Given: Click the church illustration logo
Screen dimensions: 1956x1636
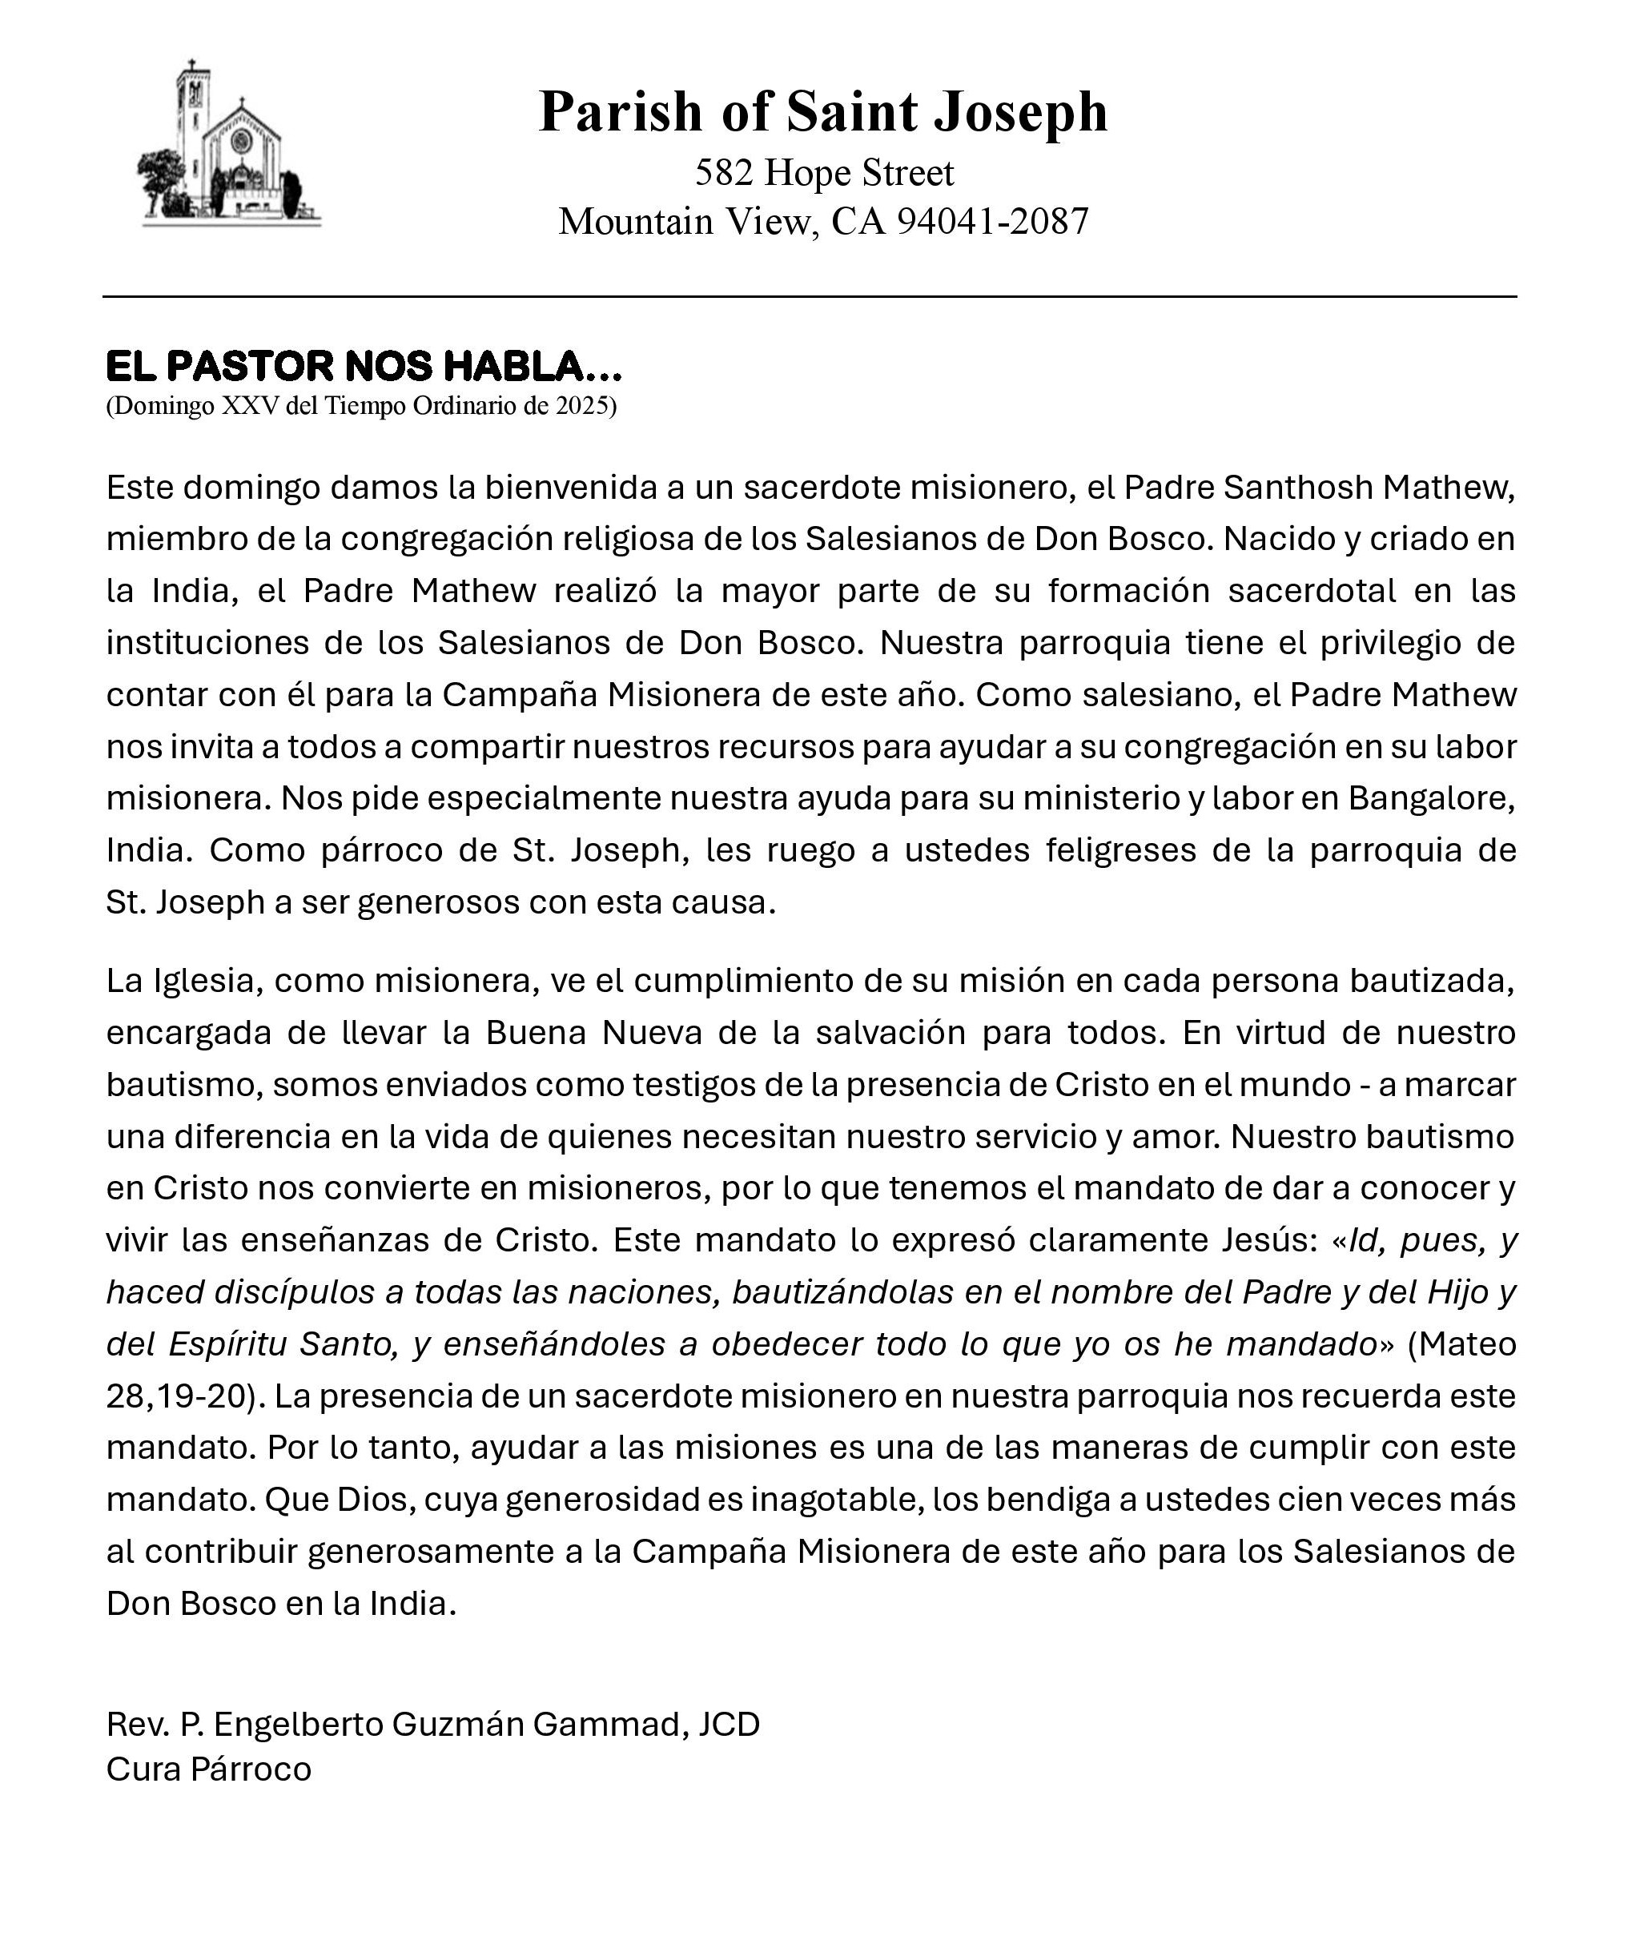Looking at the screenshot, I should point(229,143).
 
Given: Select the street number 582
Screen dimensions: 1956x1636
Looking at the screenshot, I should point(723,173).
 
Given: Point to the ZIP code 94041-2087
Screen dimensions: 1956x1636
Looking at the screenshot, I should point(992,222).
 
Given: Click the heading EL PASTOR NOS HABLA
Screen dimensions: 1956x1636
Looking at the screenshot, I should point(364,366).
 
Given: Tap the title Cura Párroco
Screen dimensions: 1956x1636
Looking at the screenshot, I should point(209,1769).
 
